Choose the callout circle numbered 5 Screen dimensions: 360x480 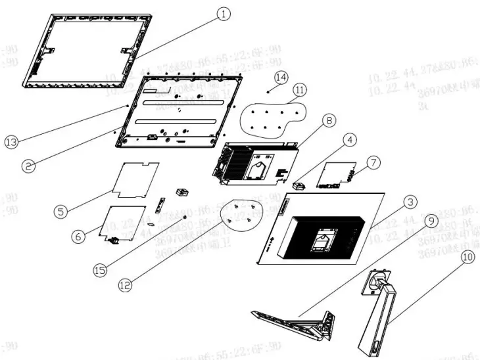[60, 212]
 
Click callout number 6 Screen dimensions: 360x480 [78, 236]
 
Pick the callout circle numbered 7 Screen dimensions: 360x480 [373, 162]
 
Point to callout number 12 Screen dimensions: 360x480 [126, 284]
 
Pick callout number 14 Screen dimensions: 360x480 [281, 77]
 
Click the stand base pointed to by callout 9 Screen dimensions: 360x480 [289, 323]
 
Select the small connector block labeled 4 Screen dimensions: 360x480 [300, 185]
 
